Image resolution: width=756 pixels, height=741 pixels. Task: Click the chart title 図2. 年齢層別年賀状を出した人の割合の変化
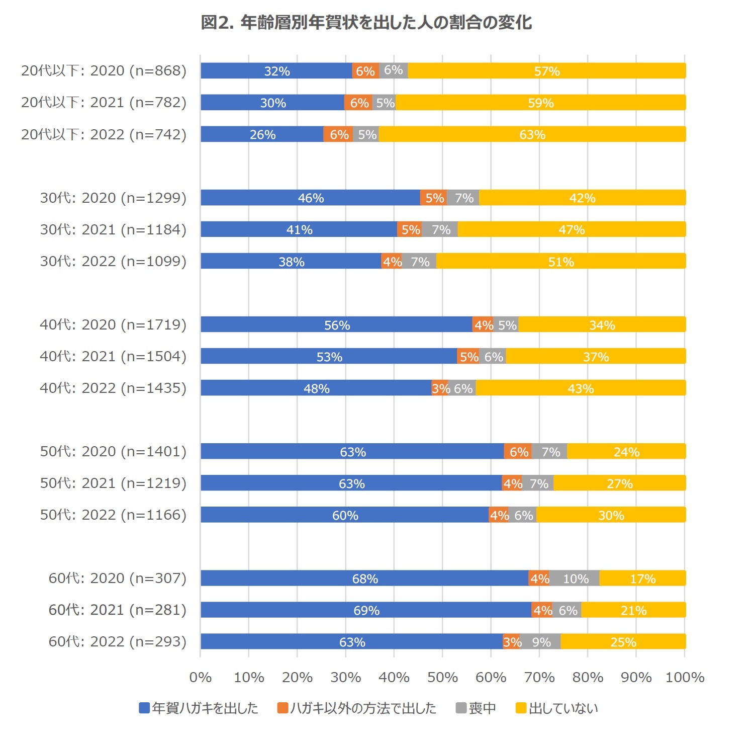(x=366, y=23)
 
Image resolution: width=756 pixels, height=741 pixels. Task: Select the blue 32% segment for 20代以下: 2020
(x=276, y=71)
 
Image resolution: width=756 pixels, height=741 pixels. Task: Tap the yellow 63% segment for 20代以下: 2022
(x=532, y=134)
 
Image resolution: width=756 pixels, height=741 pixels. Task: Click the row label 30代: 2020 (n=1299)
(x=113, y=198)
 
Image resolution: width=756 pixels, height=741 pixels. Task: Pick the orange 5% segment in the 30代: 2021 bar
(x=410, y=229)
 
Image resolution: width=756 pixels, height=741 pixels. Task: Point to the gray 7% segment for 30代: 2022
(x=420, y=262)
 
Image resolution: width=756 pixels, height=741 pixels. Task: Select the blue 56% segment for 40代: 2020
(x=336, y=325)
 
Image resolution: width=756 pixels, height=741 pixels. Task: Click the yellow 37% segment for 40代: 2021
(x=596, y=357)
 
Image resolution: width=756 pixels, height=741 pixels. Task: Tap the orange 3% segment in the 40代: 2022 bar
(x=440, y=388)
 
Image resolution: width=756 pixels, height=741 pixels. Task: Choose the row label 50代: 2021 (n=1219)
(x=113, y=483)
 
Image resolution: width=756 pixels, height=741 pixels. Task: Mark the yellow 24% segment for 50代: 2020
(x=626, y=452)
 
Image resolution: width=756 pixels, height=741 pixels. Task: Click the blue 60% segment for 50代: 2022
(x=345, y=515)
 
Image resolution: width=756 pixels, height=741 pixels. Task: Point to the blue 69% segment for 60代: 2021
(x=366, y=610)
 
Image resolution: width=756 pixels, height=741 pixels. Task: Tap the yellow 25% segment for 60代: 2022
(x=623, y=642)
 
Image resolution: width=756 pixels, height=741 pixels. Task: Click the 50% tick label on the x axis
(x=442, y=678)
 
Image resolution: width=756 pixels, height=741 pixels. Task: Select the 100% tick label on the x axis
(x=685, y=678)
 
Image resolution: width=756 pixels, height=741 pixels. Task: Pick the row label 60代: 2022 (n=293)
(x=117, y=642)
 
